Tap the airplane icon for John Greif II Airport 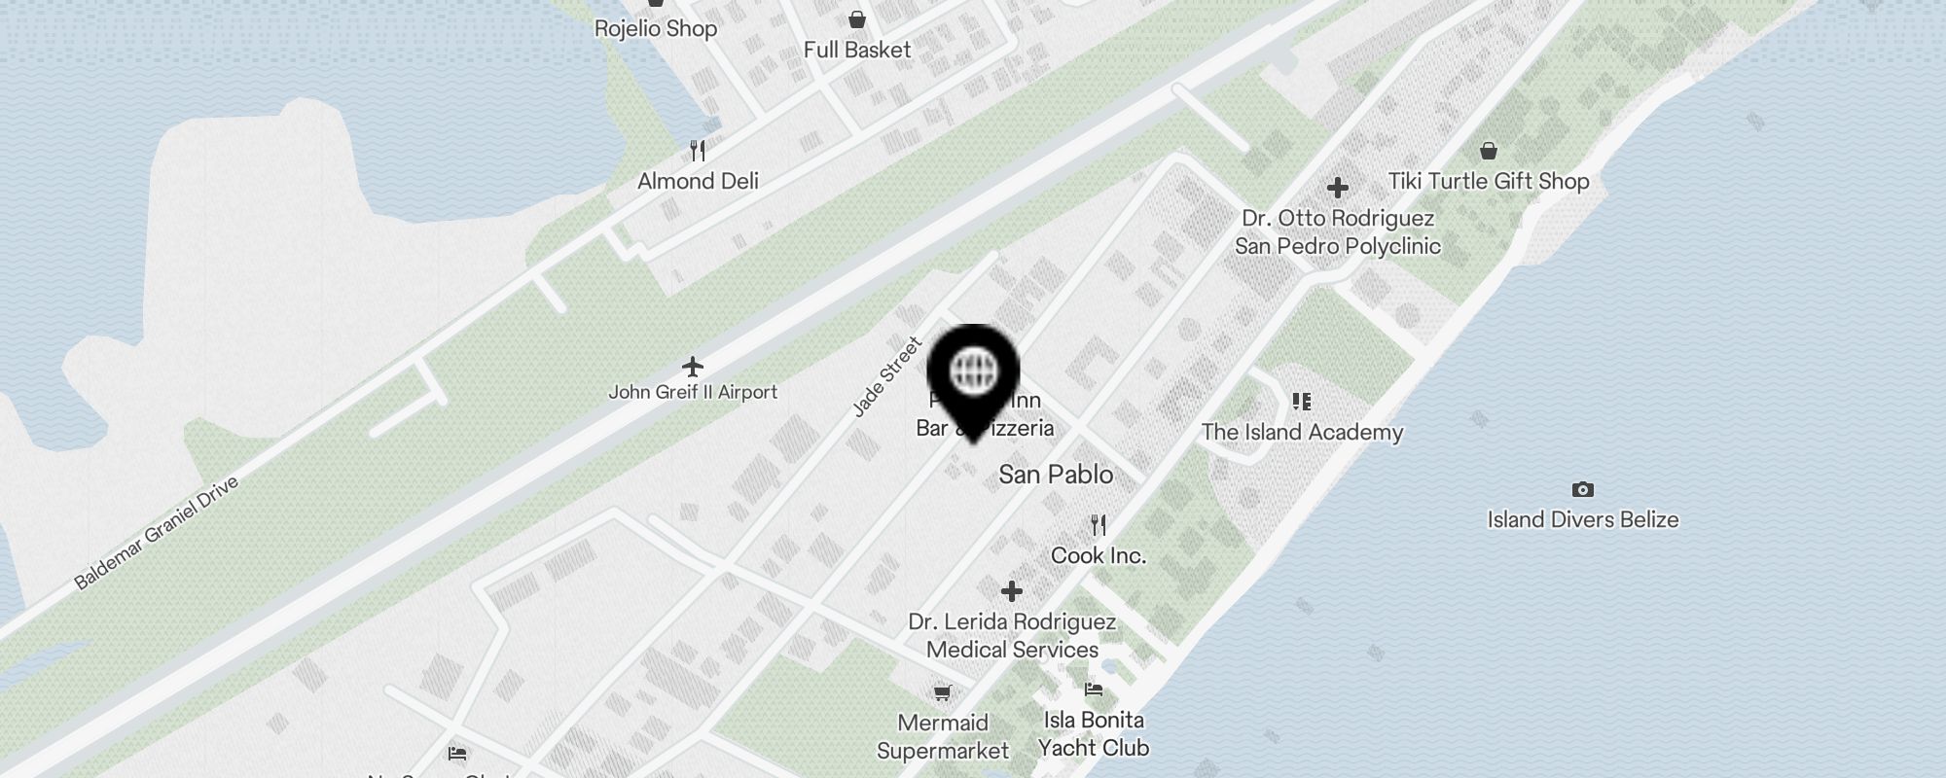point(693,367)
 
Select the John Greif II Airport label point(693,392)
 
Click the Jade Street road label point(886,377)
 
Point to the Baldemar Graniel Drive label point(156,533)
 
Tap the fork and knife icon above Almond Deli point(698,151)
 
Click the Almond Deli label point(698,181)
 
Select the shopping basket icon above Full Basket point(857,19)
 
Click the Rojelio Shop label point(656,28)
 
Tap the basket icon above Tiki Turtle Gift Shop point(1489,151)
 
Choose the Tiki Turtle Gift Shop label point(1489,181)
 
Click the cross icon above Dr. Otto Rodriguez point(1338,187)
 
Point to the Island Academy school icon point(1302,402)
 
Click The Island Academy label point(1302,432)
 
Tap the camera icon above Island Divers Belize point(1583,489)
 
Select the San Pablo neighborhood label point(1056,475)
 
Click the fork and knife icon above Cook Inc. point(1099,525)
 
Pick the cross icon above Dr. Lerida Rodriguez point(1012,590)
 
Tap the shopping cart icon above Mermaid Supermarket point(942,692)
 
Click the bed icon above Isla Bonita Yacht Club point(1094,690)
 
